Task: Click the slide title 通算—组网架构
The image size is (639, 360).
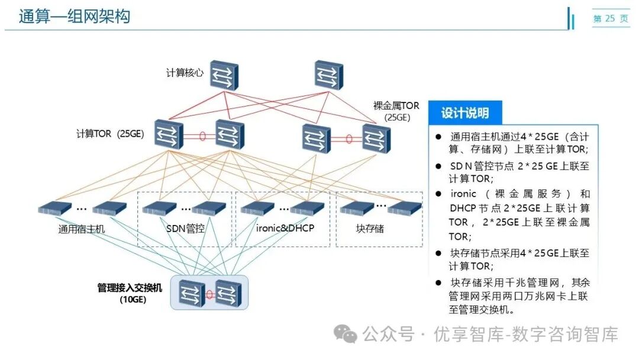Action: (x=74, y=17)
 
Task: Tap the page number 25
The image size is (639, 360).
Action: (x=610, y=19)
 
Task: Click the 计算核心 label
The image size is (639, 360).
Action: (x=185, y=73)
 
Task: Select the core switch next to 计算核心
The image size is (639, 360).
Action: (x=224, y=75)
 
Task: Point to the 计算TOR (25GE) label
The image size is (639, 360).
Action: (x=111, y=133)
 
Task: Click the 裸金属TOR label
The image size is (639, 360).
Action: (x=396, y=106)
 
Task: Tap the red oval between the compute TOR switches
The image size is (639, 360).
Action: (x=202, y=136)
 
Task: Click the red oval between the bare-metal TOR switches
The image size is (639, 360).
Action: (x=348, y=140)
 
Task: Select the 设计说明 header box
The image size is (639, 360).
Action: (x=464, y=113)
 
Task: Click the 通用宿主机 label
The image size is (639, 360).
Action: (x=81, y=229)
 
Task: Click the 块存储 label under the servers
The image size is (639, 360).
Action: (x=370, y=228)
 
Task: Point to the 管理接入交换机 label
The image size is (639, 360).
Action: (x=129, y=288)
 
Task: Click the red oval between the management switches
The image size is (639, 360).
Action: (x=210, y=294)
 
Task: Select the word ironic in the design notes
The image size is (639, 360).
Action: (x=463, y=194)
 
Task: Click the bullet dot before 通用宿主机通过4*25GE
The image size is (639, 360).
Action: (x=438, y=136)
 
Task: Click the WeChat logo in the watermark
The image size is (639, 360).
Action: (x=344, y=334)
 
